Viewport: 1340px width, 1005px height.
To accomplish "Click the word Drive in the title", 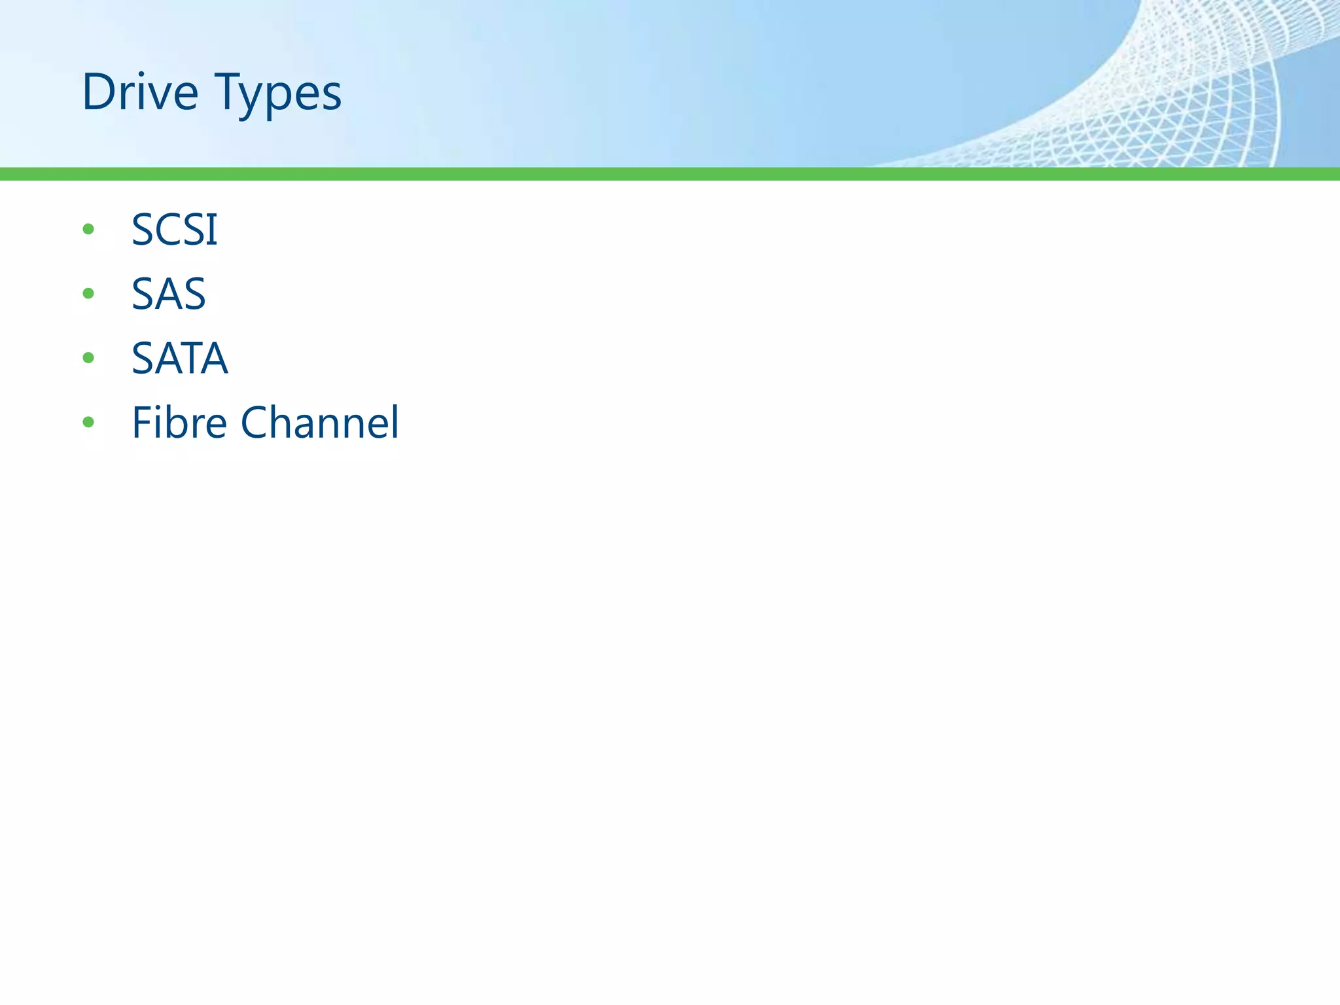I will [139, 92].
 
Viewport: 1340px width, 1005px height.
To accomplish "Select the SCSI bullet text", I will [174, 230].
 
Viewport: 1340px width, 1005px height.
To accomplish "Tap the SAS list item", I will [169, 294].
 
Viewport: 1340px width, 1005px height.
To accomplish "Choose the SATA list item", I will [180, 358].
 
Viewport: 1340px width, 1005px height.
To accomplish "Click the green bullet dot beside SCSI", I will [88, 229].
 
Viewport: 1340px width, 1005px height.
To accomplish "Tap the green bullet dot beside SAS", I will [88, 293].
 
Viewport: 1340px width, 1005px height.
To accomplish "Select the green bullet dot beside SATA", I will [88, 357].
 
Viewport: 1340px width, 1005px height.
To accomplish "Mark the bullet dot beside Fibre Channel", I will [88, 422].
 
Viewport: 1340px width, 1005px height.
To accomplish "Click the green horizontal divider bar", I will [670, 173].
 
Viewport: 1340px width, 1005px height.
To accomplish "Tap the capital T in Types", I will [229, 92].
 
